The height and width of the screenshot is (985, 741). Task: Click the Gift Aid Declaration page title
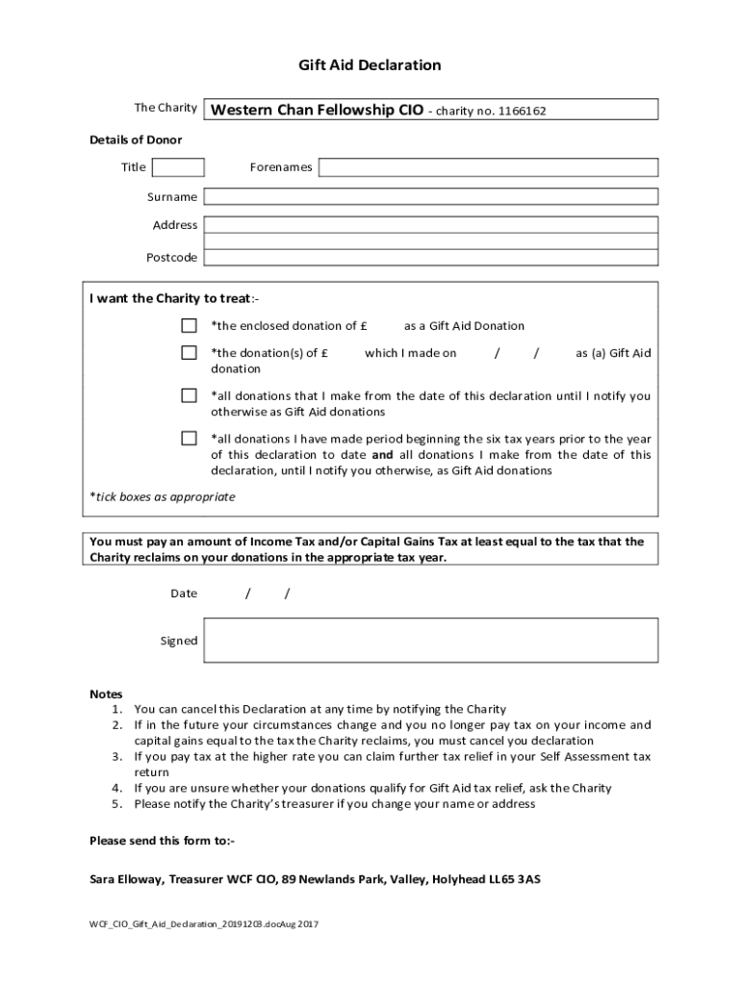tap(370, 65)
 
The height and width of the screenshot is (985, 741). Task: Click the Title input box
tap(179, 167)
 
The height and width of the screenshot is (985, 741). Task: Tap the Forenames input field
tap(488, 167)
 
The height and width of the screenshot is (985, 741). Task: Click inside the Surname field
tap(430, 197)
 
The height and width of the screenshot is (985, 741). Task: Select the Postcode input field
tap(430, 257)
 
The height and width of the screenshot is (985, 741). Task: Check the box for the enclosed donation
tap(190, 325)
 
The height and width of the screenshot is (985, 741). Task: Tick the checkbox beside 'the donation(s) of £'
tap(190, 353)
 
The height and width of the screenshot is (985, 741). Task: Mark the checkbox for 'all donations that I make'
tap(190, 395)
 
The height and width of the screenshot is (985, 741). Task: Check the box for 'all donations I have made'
tap(190, 439)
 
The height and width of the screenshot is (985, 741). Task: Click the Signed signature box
tap(430, 641)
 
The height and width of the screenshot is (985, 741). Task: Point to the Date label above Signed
tap(184, 594)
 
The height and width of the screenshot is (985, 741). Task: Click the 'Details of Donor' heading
tap(136, 140)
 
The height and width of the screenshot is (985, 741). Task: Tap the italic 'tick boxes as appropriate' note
tap(163, 497)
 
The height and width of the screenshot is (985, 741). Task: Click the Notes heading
tap(106, 694)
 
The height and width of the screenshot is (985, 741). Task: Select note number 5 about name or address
tap(334, 804)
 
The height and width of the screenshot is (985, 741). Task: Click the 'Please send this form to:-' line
tap(162, 841)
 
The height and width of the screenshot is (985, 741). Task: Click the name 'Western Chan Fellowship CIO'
tap(317, 110)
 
